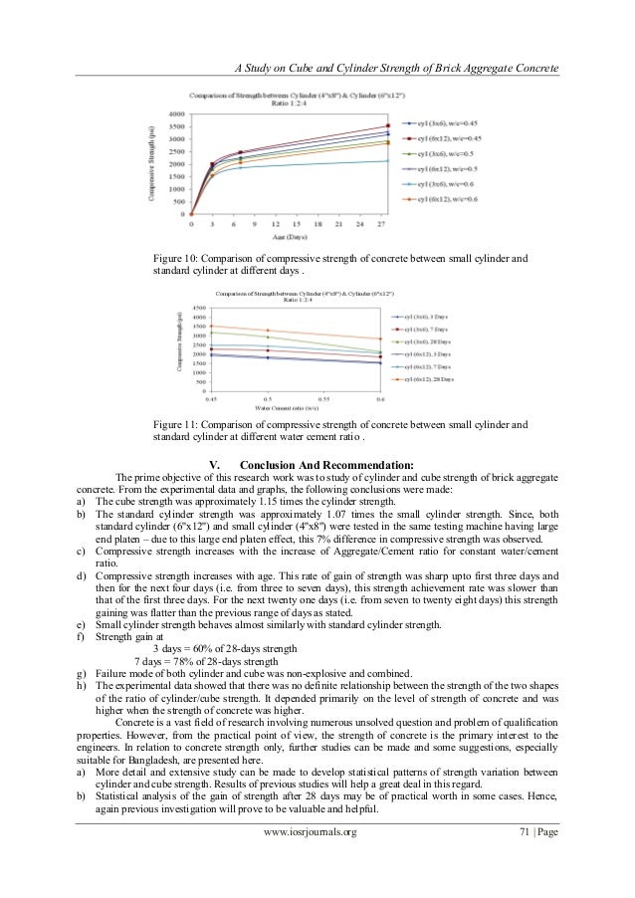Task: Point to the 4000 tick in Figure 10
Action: click(174, 112)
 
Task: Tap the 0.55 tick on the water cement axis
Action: click(324, 399)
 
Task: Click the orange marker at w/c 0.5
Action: click(267, 331)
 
